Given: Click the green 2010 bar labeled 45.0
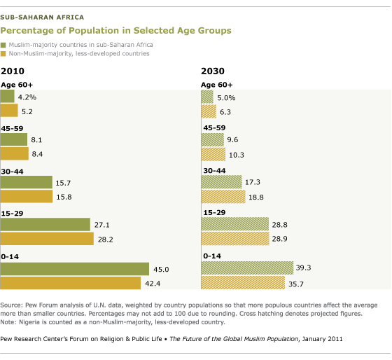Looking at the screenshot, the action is [74, 269].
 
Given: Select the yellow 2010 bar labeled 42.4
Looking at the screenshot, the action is [70, 283].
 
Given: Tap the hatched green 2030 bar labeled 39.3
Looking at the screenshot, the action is [247, 268].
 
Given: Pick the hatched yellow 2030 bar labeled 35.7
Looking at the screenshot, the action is [243, 283].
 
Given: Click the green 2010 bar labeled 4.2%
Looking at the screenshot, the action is [7, 96].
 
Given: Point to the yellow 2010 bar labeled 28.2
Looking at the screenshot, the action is [47, 239].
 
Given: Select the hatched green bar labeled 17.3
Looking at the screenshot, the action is [221, 182].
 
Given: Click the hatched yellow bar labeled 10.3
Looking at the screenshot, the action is [213, 154].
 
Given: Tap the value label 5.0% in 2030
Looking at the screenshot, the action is [226, 98].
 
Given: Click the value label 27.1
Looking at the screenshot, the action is [102, 225].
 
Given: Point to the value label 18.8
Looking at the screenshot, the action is [256, 198].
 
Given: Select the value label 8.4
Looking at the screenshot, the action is [37, 154].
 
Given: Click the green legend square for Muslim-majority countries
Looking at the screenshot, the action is [3, 45].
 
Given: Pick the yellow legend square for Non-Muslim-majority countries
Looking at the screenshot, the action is [3, 54].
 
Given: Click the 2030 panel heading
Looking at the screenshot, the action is [213, 71].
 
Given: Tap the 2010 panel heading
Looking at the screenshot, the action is [13, 71].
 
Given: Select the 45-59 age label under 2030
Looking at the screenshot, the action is [214, 128].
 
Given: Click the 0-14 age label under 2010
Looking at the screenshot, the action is [10, 256].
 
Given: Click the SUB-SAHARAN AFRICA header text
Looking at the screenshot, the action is [42, 18].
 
